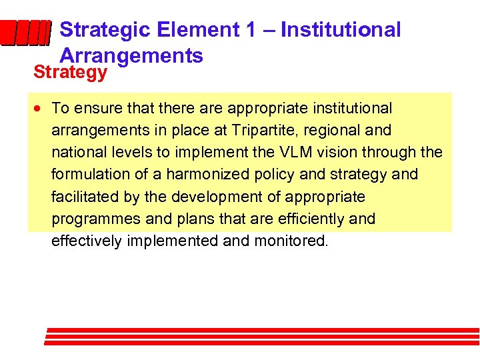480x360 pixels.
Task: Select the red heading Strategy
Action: click(70, 72)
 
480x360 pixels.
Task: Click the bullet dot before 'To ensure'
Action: click(41, 108)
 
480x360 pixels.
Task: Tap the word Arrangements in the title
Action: click(131, 56)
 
